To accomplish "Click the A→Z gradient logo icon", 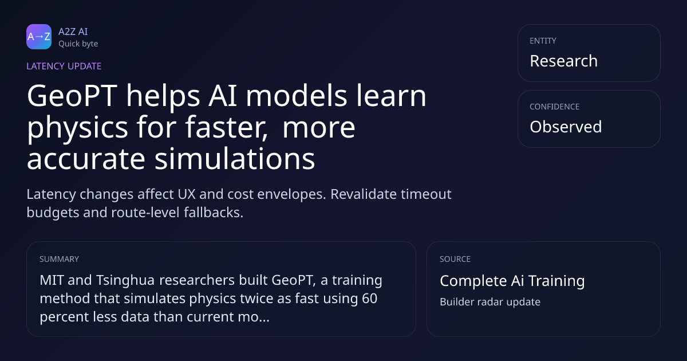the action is (39, 37).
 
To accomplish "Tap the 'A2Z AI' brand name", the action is (73, 32).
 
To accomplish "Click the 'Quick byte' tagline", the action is (78, 44).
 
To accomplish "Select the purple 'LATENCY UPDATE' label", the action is (64, 66).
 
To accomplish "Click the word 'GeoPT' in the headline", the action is (72, 96).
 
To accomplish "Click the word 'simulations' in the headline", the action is (235, 159).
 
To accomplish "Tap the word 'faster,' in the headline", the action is (226, 127).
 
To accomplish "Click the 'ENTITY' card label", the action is (543, 41).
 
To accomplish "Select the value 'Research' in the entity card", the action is (564, 61).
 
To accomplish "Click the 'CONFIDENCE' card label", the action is (555, 107).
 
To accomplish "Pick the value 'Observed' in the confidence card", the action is (566, 127).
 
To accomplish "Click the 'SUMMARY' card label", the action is (59, 259).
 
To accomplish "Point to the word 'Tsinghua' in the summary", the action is (125, 281).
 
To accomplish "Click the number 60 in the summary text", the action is (369, 299).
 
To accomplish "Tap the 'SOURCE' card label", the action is (455, 259).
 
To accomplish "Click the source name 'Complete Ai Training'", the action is (512, 281).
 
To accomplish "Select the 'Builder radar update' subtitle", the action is (490, 302).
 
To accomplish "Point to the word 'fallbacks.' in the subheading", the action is (214, 213).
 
